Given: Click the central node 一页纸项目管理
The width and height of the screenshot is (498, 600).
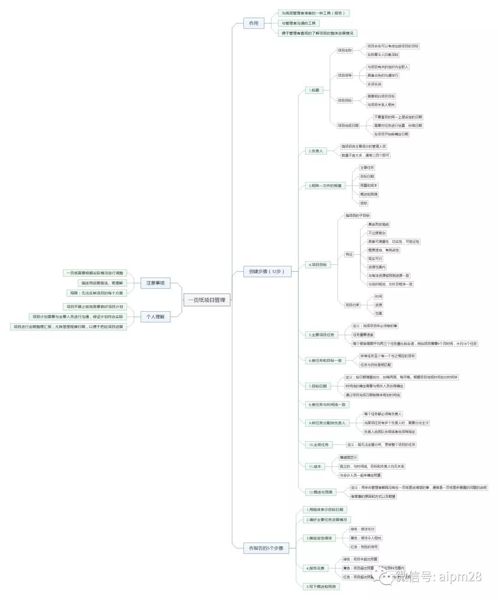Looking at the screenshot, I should point(207,300).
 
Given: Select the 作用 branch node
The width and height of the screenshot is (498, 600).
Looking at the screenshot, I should point(254,23).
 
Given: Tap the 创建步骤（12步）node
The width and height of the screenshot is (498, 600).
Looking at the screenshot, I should point(267,271).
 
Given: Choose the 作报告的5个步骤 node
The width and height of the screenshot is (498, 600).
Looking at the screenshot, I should point(266,548).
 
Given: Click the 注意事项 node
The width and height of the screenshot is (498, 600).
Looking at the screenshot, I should point(155,283).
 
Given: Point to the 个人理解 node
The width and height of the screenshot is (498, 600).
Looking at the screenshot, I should point(155,316).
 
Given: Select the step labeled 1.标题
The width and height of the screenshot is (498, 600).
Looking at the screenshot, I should point(314,90).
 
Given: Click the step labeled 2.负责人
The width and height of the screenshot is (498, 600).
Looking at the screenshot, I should point(316,151).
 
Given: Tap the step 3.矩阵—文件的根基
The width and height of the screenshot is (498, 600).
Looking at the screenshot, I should point(326,186).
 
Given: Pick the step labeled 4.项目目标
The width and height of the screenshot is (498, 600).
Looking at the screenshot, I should point(318,265).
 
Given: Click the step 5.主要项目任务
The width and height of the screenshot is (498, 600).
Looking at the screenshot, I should point(321,335).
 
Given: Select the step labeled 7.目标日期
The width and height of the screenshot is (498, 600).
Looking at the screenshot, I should point(318,386).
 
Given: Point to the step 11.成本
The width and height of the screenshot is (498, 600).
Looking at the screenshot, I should point(315,466).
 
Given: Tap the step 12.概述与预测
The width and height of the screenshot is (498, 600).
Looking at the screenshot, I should point(320,492).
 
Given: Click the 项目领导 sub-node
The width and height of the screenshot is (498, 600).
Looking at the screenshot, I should point(344,76).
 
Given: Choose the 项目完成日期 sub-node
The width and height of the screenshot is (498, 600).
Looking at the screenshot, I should point(348,125).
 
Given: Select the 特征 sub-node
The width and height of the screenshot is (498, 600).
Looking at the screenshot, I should point(349,254).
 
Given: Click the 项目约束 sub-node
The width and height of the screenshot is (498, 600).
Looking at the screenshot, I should point(352,305).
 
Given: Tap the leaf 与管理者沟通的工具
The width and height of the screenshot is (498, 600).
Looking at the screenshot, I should point(299,23).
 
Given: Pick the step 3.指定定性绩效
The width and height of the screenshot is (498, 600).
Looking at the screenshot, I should point(319,538).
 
